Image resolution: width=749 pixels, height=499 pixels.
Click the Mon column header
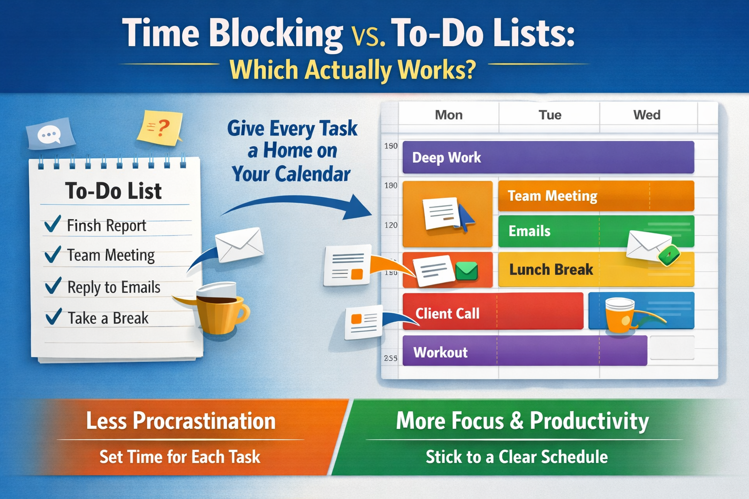click(449, 115)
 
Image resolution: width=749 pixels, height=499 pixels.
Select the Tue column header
click(550, 115)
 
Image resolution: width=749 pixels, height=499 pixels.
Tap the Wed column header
click(647, 115)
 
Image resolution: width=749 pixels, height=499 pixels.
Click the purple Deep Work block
click(548, 157)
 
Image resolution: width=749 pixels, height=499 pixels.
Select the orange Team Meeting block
click(595, 196)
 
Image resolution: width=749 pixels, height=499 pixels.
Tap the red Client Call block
click(493, 312)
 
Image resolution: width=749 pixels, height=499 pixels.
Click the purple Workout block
click(524, 351)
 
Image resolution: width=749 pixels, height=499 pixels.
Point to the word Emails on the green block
click(530, 231)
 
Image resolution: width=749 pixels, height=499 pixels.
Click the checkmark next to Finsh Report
click(53, 224)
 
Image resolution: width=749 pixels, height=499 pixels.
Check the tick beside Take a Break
click(53, 317)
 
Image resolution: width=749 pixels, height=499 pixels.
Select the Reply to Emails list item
click(114, 288)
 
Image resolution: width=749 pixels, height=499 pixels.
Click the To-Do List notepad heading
click(113, 191)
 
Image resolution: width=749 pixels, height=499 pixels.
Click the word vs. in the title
click(368, 36)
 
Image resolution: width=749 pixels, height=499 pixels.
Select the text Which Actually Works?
click(353, 70)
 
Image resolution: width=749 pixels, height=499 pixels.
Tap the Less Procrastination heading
click(180, 421)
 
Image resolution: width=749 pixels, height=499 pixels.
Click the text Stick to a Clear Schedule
click(516, 457)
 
